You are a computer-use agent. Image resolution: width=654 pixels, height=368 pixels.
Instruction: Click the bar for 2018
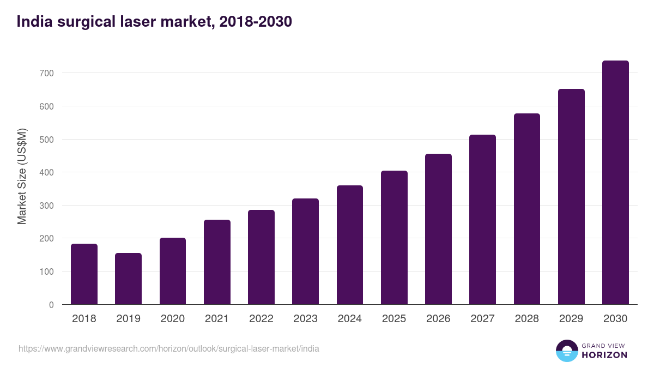coord(84,274)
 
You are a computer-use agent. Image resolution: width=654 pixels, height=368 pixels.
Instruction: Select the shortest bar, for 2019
coord(128,279)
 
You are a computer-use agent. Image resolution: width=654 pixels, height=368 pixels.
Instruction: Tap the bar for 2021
coord(217,262)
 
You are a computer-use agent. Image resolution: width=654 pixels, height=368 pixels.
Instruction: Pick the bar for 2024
coord(350,245)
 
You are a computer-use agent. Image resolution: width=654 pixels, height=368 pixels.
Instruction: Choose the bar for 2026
coord(438,229)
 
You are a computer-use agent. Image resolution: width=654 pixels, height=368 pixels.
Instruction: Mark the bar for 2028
coord(527,209)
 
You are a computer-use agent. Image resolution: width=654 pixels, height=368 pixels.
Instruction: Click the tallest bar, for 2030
coord(615,183)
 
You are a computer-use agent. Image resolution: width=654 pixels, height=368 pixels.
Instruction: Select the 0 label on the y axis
coord(51,305)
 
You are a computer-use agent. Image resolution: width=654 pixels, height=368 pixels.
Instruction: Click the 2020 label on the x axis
coord(172,319)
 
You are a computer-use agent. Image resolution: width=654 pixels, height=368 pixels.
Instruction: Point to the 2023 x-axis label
coord(305,319)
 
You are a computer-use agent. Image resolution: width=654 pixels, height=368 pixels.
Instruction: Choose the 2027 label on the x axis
coord(482,319)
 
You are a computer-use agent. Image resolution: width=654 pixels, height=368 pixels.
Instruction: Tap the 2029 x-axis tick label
coord(571,319)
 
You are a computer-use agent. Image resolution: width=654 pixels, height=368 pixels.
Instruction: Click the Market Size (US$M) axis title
coord(22,176)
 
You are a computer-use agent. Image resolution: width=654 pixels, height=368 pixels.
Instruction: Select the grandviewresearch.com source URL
coord(169,348)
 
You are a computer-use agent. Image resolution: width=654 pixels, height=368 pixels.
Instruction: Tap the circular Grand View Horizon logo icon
coord(567,351)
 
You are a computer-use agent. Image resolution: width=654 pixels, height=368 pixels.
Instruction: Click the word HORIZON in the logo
coord(604,355)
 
